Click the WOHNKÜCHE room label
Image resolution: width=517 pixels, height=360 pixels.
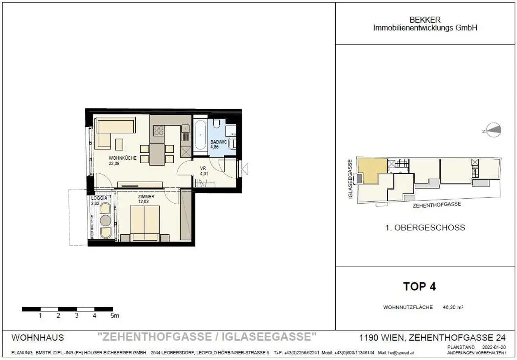click(x=122, y=158)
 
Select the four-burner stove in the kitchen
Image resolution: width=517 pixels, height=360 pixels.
click(x=158, y=131)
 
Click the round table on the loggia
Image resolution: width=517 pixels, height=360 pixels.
click(x=105, y=220)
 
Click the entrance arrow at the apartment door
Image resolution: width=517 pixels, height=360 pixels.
click(x=245, y=168)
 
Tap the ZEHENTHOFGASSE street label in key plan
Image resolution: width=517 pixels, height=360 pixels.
click(x=437, y=205)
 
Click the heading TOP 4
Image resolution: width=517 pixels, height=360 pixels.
click(x=419, y=287)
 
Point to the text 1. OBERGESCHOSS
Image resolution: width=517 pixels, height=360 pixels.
click(x=425, y=228)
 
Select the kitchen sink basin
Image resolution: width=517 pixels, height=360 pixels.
click(x=185, y=129)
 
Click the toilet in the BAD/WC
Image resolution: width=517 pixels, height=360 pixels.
click(x=217, y=124)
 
